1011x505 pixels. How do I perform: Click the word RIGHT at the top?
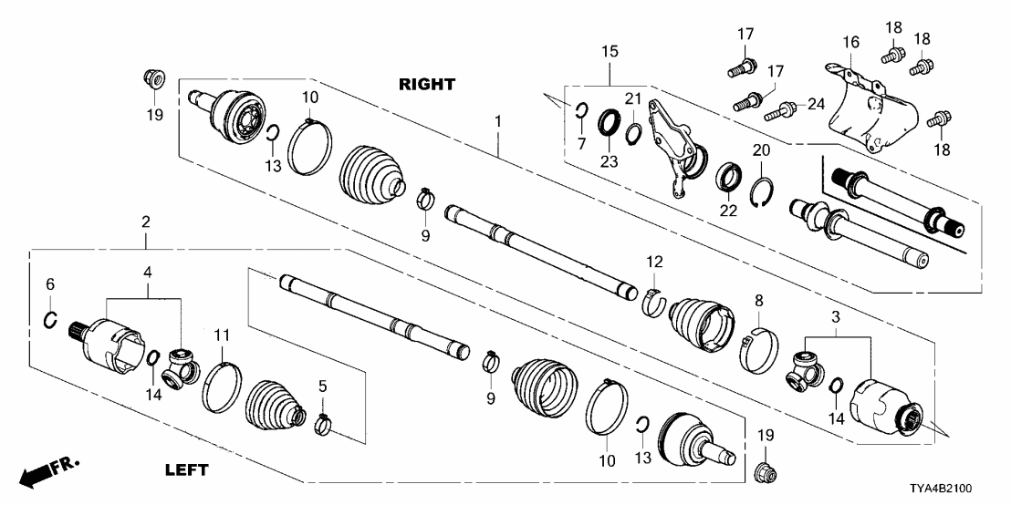[x=426, y=84]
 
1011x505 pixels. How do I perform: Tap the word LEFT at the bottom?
[x=186, y=470]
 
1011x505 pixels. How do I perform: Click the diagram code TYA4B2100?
[x=959, y=490]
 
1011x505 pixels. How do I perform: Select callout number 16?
[x=850, y=43]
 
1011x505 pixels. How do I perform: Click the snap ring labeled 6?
[x=51, y=319]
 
